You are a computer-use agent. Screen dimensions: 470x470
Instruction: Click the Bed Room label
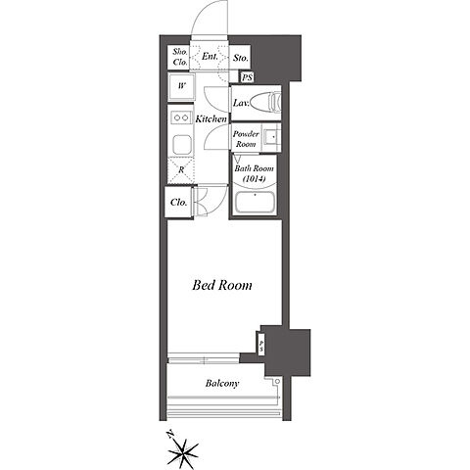[x=222, y=285]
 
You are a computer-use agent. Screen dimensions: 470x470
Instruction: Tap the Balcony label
[x=222, y=383]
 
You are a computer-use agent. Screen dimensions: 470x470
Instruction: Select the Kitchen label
[x=211, y=118]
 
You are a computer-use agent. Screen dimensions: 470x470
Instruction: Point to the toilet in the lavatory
[x=266, y=102]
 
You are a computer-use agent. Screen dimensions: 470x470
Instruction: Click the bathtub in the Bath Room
[x=255, y=203]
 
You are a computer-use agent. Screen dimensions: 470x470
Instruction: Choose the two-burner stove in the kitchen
[x=181, y=117]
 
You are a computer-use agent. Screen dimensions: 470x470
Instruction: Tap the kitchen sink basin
[x=181, y=145]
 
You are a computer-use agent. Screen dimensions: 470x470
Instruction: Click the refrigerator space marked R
[x=181, y=169]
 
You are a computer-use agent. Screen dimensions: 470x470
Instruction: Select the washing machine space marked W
[x=181, y=86]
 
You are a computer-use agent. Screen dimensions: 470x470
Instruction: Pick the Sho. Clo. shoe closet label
[x=180, y=57]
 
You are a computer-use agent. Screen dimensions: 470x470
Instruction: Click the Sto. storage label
[x=241, y=58]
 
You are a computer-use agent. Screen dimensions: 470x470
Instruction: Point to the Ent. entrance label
[x=210, y=57]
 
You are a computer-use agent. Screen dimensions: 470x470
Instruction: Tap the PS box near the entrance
[x=247, y=77]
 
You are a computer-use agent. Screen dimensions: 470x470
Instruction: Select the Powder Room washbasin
[x=271, y=137]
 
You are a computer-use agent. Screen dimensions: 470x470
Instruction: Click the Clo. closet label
[x=179, y=203]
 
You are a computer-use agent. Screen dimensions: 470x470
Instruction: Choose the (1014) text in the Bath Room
[x=255, y=178]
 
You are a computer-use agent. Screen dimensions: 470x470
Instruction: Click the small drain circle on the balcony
[x=277, y=381]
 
